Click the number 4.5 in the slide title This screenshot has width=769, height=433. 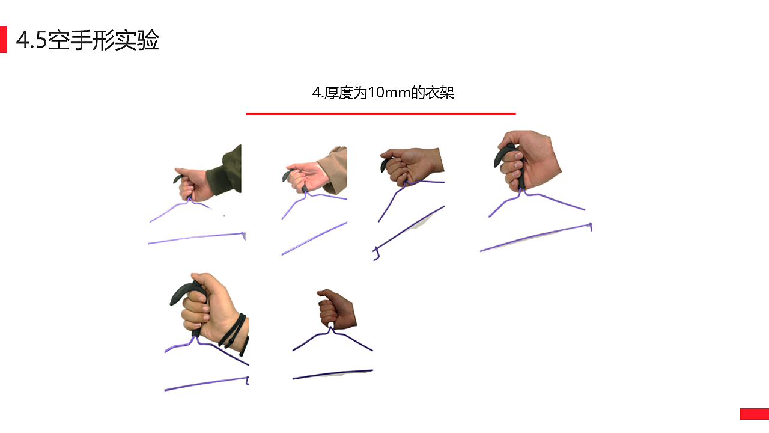(31, 41)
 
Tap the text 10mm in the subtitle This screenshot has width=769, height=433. (388, 93)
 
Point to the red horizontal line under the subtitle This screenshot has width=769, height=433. (381, 114)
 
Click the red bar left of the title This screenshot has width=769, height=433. (4, 40)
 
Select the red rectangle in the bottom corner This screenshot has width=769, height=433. (754, 414)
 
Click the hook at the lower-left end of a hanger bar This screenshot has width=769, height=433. (376, 254)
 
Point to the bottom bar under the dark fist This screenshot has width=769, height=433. (332, 375)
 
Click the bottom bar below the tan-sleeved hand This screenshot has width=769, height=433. (314, 239)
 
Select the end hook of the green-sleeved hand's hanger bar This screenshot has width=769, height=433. (244, 235)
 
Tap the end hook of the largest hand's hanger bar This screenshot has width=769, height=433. (591, 227)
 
